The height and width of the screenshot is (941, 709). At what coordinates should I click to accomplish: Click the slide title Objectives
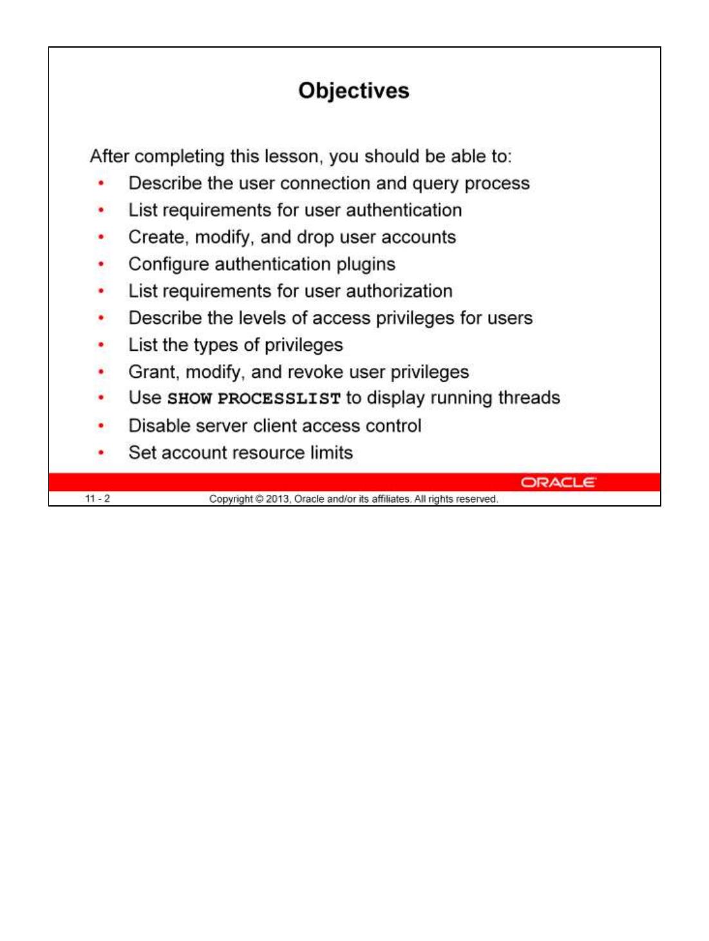(354, 91)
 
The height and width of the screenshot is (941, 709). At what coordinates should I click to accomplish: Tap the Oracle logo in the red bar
(558, 482)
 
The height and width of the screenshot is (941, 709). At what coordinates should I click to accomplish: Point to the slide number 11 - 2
(97, 499)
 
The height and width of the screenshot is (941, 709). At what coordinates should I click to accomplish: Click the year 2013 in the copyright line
(278, 499)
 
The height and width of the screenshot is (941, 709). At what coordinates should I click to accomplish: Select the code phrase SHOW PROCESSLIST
(254, 398)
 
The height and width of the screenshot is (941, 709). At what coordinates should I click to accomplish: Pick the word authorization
(399, 291)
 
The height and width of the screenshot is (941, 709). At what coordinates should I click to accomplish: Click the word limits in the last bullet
(331, 452)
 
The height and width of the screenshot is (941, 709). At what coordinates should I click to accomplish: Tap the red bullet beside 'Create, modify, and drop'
(101, 238)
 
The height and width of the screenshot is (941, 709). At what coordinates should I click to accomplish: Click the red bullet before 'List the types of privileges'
(101, 345)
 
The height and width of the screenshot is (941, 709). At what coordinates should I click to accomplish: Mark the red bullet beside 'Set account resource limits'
(101, 453)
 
